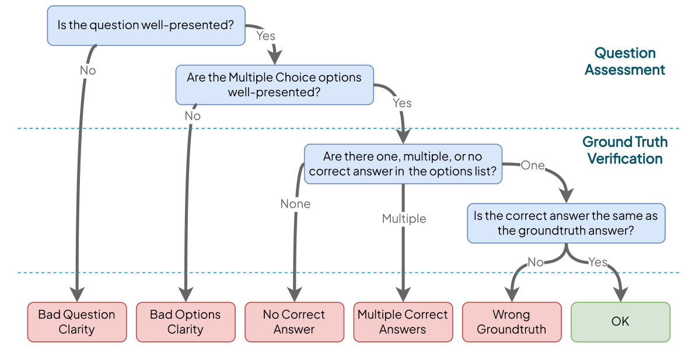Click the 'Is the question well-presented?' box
tap(146, 26)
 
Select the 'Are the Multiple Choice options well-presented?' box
tap(274, 85)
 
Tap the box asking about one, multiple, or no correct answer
tap(403, 164)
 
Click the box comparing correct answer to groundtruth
tap(565, 223)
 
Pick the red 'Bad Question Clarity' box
tap(77, 321)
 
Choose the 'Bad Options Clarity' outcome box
tap(186, 321)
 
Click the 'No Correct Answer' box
tap(294, 321)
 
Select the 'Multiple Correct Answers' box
tap(403, 321)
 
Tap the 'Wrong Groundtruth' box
tap(512, 321)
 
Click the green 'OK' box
tap(620, 321)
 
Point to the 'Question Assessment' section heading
tap(625, 61)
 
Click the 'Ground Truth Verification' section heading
tap(625, 150)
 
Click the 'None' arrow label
tap(295, 204)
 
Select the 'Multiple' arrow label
tap(404, 219)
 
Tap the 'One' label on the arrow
tap(532, 165)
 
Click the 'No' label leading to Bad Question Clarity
tap(88, 71)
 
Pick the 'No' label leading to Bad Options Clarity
tap(193, 116)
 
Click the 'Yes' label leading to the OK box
tap(598, 262)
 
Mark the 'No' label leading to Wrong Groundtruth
tap(536, 262)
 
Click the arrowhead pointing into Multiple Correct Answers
tap(403, 295)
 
